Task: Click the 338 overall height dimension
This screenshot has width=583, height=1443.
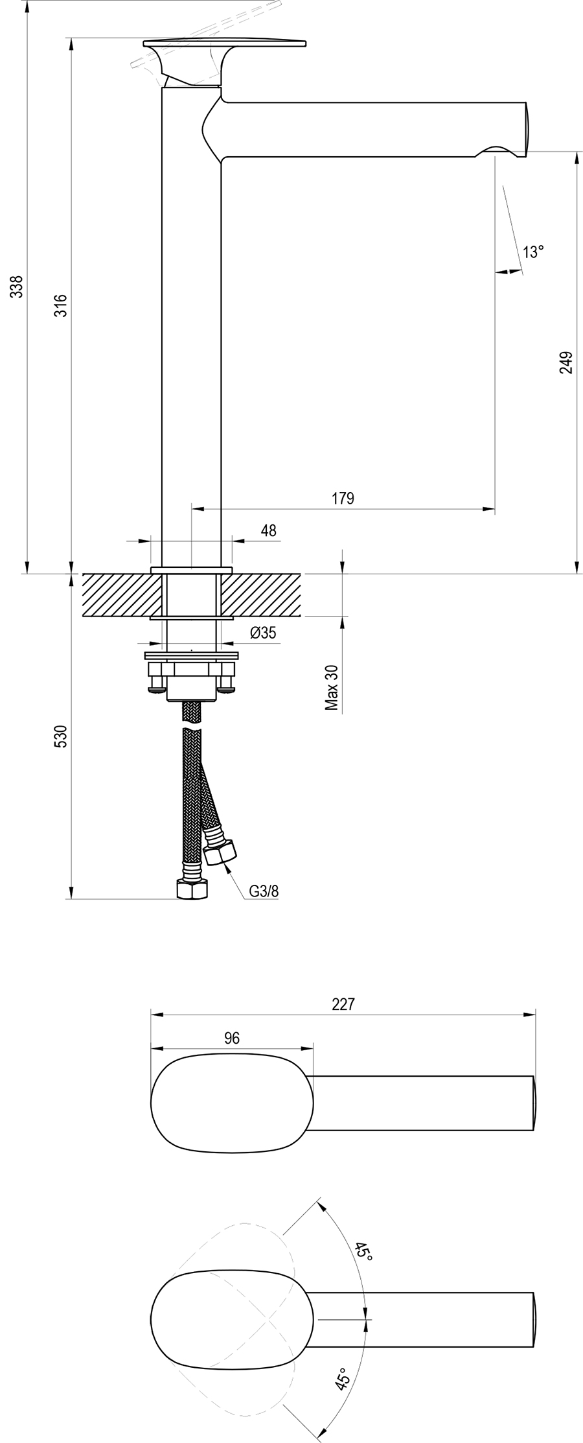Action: point(18,287)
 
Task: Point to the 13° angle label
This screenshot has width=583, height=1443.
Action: point(533,252)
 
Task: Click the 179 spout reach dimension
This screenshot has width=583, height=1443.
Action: point(343,498)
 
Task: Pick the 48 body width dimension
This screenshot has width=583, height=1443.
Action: point(268,530)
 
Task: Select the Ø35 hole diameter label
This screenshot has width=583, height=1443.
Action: point(262,632)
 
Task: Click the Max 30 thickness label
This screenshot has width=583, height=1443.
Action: point(332,688)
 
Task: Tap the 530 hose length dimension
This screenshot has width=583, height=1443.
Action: point(60,737)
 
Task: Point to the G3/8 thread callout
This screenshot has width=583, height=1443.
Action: point(264,890)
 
